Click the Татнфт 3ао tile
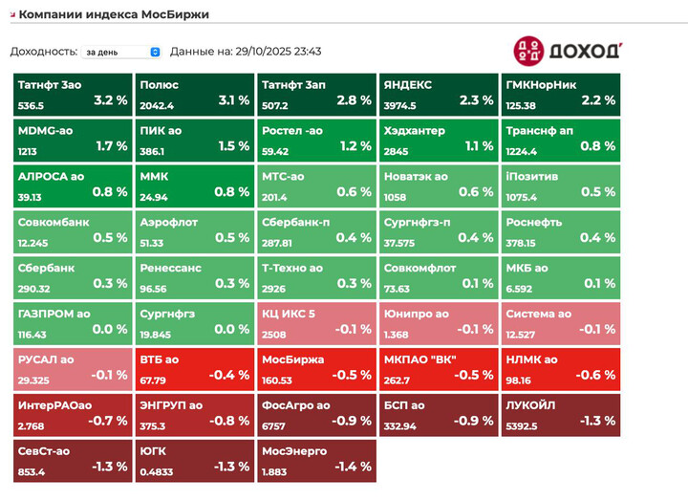(x=73, y=93)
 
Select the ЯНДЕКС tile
(x=439, y=93)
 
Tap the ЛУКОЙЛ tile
(x=560, y=414)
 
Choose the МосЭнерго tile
(x=316, y=460)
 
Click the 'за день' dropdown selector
(x=121, y=52)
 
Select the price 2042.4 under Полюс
(x=157, y=105)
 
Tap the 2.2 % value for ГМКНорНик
(x=598, y=99)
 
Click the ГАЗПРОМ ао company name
(x=54, y=314)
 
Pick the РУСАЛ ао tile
(x=73, y=368)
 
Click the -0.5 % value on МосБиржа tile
(x=352, y=375)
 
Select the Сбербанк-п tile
(x=316, y=230)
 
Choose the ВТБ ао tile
(x=195, y=368)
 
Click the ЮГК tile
(x=195, y=460)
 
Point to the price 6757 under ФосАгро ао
(x=276, y=426)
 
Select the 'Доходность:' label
(x=43, y=52)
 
